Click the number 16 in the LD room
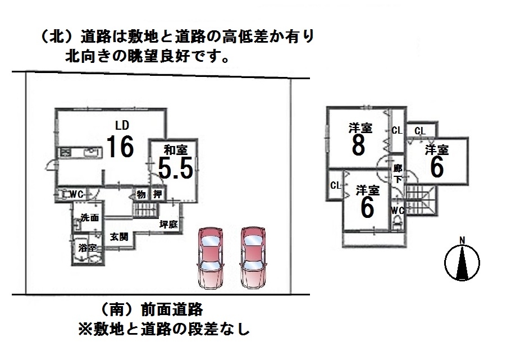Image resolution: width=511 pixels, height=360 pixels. (x=120, y=147)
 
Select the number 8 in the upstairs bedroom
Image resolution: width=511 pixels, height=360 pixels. (x=359, y=145)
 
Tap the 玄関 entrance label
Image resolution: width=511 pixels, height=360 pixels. (x=118, y=236)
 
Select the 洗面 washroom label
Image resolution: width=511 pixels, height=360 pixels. (x=89, y=217)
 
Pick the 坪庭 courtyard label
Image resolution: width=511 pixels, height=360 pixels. (x=168, y=225)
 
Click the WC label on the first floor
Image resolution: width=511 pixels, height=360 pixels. (x=76, y=194)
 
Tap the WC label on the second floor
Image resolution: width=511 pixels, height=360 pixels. (x=398, y=211)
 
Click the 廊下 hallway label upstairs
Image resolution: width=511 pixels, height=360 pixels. (x=398, y=174)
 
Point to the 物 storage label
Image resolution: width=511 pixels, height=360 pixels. (x=141, y=194)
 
